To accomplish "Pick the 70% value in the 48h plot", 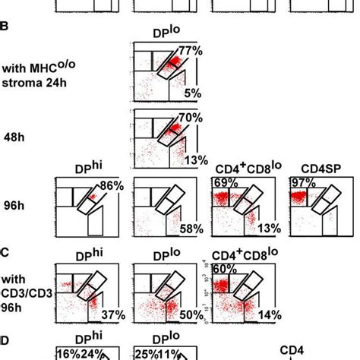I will (188, 118).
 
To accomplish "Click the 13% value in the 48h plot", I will (190, 159).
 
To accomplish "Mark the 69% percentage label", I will (223, 185).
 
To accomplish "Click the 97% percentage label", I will (301, 185).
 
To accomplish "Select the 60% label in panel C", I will (223, 268).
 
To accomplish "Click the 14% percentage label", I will (267, 314).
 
